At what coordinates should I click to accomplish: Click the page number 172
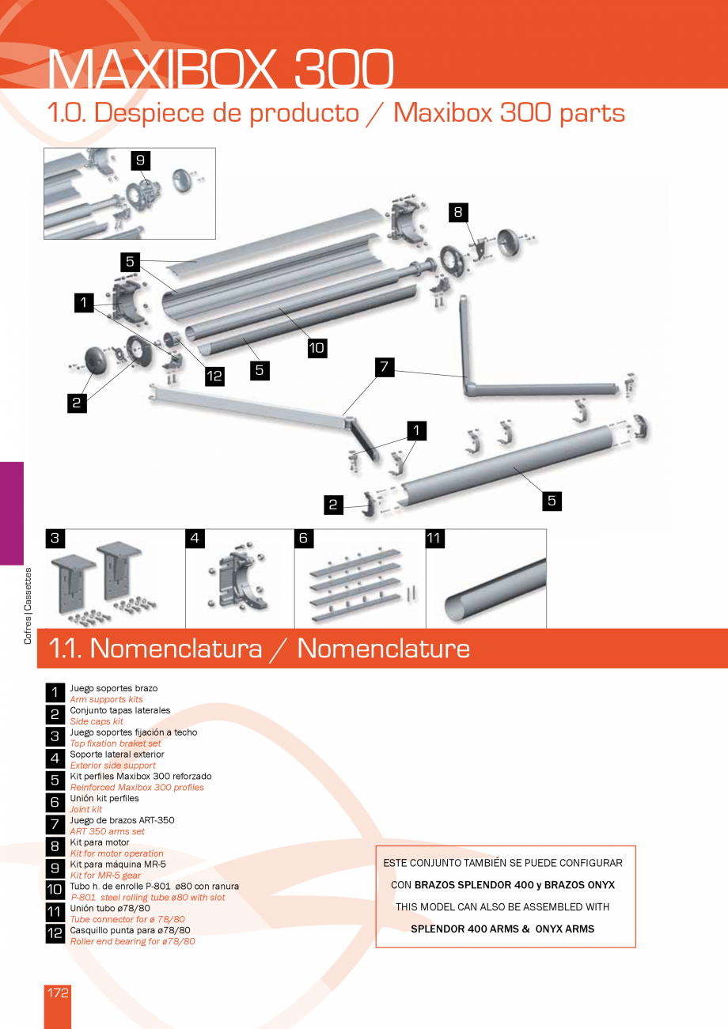click(58, 993)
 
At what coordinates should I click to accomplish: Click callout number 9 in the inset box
click(140, 161)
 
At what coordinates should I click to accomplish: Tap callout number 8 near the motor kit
click(457, 212)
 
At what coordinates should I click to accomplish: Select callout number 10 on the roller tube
click(317, 347)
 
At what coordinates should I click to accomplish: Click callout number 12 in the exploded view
click(214, 376)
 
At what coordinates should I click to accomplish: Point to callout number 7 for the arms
click(385, 367)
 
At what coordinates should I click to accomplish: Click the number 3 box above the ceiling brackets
click(55, 539)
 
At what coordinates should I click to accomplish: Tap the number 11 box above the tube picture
click(434, 539)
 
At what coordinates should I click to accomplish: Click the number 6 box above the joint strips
click(304, 539)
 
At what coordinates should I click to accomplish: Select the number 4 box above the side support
click(195, 539)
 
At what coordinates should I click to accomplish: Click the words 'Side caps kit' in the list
click(97, 721)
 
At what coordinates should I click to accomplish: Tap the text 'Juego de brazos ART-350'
click(122, 820)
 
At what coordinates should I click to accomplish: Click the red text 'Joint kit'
click(86, 809)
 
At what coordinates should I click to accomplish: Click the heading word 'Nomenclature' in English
click(383, 649)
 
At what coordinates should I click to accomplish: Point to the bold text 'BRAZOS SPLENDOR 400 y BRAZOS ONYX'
click(514, 885)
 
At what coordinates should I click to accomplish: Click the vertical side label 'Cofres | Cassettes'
click(28, 606)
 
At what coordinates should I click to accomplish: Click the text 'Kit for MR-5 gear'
click(105, 876)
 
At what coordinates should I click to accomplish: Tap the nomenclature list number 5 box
click(55, 781)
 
